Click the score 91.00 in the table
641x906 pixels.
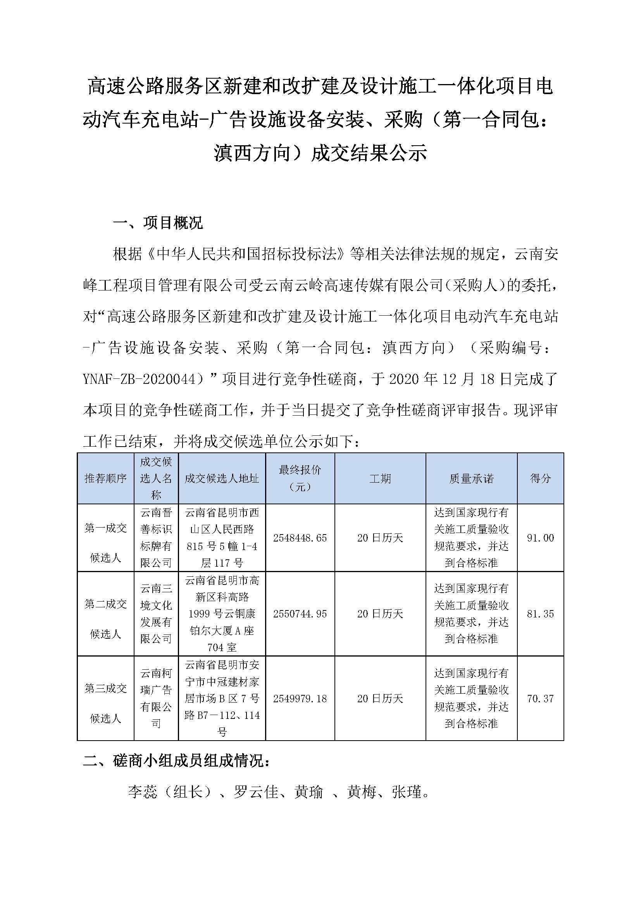click(540, 538)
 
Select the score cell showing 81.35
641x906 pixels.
click(540, 614)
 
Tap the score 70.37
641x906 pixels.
click(540, 698)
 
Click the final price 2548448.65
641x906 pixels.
click(300, 538)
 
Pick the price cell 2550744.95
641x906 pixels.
click(300, 614)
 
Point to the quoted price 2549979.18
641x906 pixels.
click(300, 698)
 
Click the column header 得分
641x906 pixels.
click(540, 479)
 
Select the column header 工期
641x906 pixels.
click(380, 479)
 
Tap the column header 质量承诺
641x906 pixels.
click(471, 479)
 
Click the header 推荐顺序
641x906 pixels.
click(105, 479)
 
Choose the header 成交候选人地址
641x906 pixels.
click(222, 479)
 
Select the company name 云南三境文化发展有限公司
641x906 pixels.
click(156, 614)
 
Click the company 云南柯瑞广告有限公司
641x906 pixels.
click(156, 698)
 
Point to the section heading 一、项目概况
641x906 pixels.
click(158, 223)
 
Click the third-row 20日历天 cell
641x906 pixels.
click(380, 698)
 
